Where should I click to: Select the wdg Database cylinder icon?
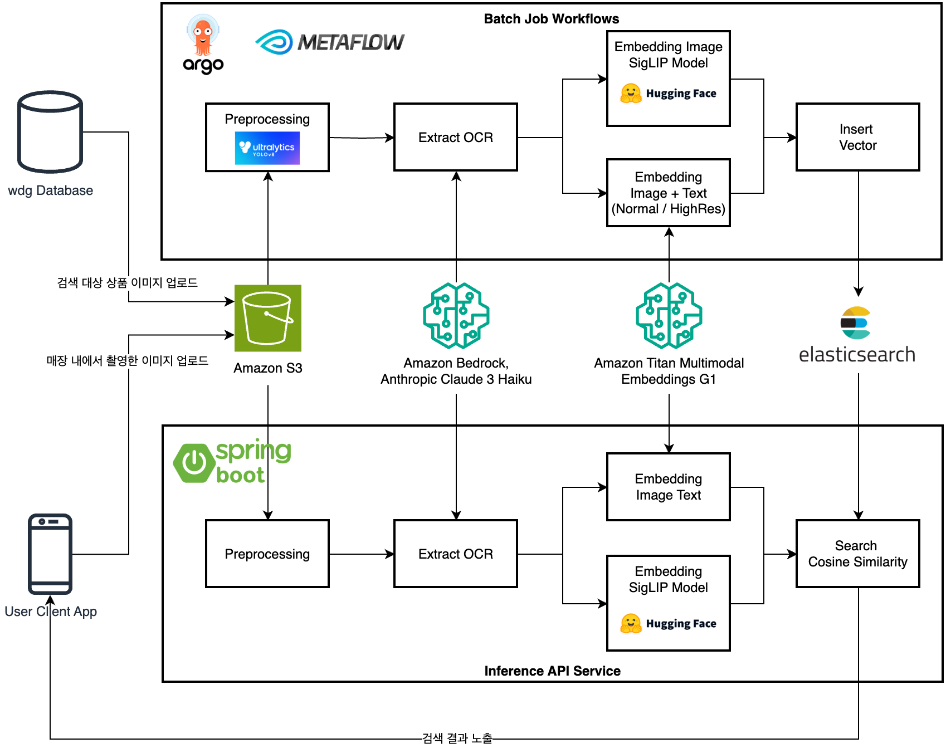point(50,132)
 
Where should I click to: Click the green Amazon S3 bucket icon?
point(268,318)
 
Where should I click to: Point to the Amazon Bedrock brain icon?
point(456,315)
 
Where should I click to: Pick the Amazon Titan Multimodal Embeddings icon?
point(669,315)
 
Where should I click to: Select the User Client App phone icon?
point(50,554)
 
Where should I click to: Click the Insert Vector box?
point(857,137)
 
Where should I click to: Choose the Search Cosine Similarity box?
point(857,554)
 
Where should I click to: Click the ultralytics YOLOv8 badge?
point(267,148)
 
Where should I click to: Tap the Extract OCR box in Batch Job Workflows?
point(456,137)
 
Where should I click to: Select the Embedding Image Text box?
point(668,487)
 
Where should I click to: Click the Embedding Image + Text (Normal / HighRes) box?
point(668,193)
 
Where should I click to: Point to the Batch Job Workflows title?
point(551,19)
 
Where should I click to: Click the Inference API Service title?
point(552,671)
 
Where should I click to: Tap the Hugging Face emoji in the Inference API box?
point(631,623)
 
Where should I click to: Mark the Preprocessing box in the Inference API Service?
point(267,554)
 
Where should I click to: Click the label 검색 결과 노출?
point(457,739)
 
